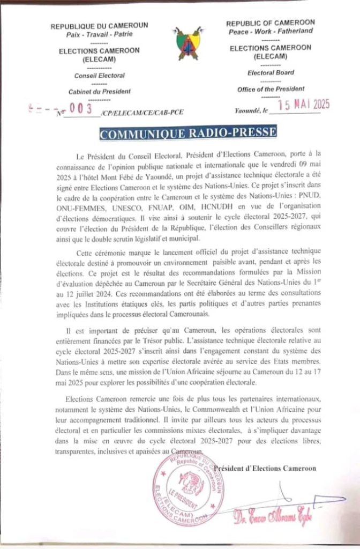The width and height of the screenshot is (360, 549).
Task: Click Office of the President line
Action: pyautogui.click(x=271, y=89)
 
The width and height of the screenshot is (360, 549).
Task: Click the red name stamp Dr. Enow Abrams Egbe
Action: pyautogui.click(x=274, y=518)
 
